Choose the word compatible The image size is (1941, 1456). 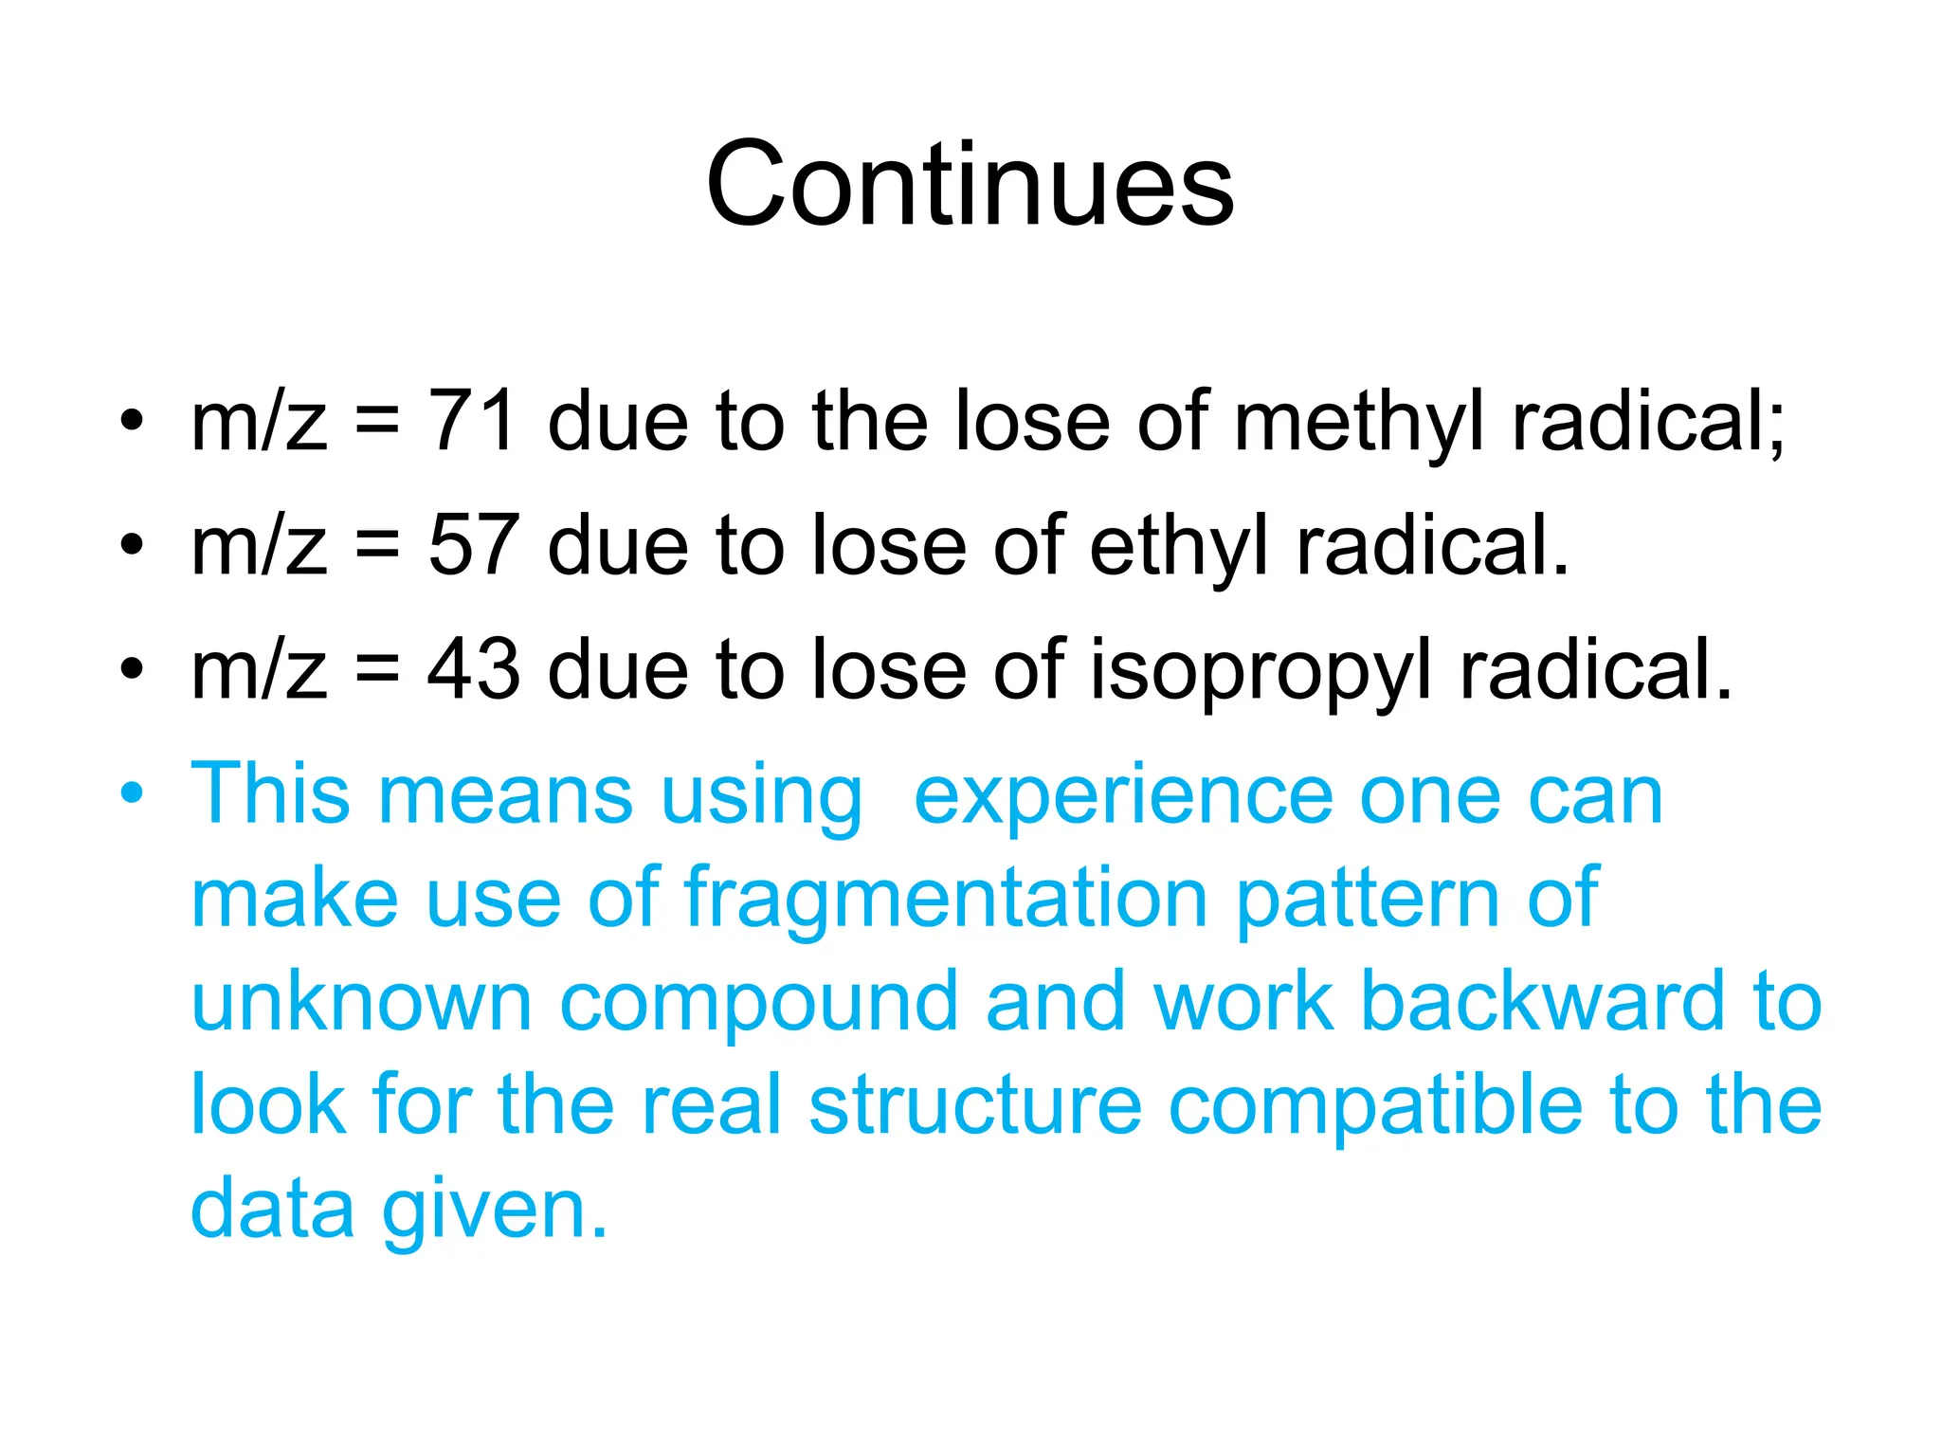(x=1375, y=1107)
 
